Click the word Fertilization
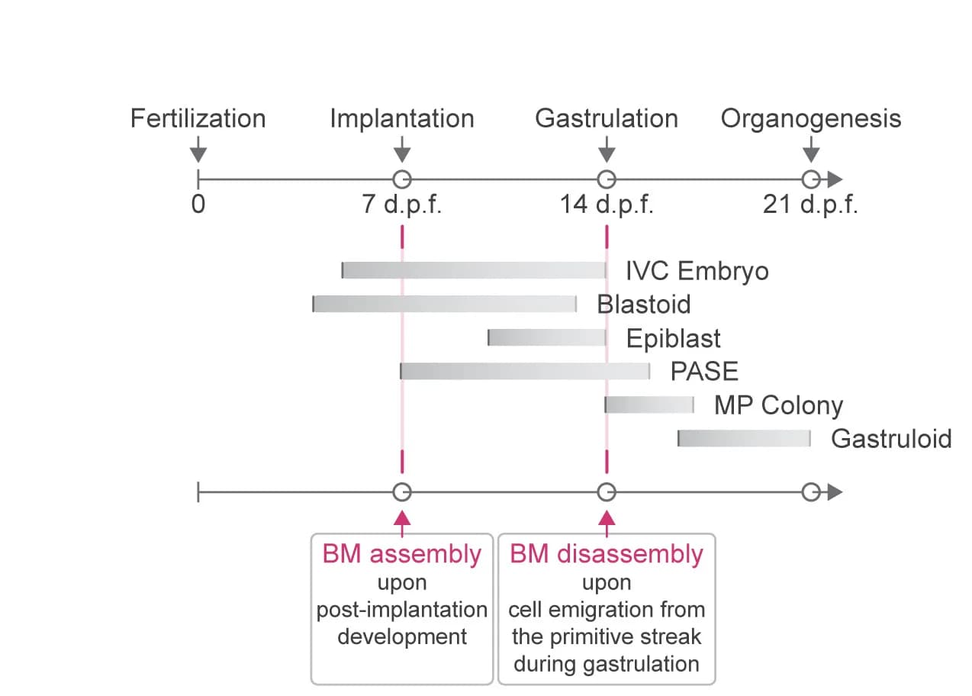click(198, 118)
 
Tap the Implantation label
click(402, 118)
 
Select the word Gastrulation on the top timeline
click(607, 118)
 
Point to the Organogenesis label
click(810, 118)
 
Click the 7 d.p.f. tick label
click(402, 205)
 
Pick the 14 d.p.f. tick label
click(607, 205)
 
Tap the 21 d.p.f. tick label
click(810, 205)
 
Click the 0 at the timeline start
click(198, 205)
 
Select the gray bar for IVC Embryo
click(474, 270)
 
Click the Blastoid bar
click(444, 304)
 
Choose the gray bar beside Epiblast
click(547, 337)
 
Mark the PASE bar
click(525, 371)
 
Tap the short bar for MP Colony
click(649, 404)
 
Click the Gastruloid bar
click(744, 438)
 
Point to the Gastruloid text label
click(891, 439)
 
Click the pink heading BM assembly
click(402, 554)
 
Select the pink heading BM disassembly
click(607, 554)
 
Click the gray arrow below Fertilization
click(198, 150)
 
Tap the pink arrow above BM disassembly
click(607, 524)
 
